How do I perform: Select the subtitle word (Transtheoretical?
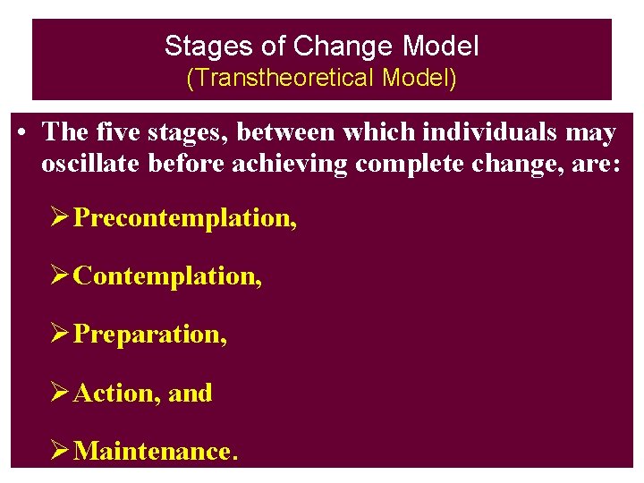point(281,79)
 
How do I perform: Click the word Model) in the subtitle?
point(419,79)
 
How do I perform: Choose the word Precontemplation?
point(185,217)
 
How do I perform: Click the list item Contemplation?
point(167,275)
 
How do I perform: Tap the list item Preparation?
point(150,335)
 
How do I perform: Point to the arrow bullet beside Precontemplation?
point(60,217)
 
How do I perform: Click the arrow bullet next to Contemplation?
point(60,275)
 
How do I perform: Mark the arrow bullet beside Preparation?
point(60,335)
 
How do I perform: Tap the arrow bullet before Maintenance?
point(60,451)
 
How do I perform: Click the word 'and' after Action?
point(191,393)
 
